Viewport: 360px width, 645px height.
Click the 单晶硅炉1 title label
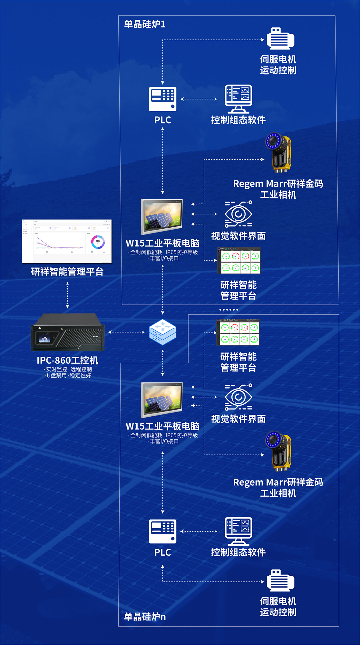pos(145,24)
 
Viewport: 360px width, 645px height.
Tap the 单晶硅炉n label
pos(145,617)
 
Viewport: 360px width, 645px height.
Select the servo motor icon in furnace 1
pos(280,39)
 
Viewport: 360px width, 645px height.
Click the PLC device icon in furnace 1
pos(162,99)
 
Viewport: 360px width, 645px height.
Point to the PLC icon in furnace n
pos(162,531)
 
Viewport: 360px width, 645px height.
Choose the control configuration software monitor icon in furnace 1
pos(238,98)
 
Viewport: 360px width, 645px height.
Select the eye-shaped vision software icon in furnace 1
pos(238,214)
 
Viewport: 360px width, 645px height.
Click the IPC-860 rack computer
pos(68,332)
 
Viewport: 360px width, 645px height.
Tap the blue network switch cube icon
pos(162,332)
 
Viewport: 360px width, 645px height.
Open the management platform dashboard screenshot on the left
pos(67,241)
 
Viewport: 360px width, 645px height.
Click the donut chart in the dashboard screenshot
pos(98,242)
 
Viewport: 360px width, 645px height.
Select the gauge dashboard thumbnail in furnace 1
pos(238,261)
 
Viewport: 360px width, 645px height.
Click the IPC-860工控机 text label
pos(67,360)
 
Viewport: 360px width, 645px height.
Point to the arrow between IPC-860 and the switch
pos(126,332)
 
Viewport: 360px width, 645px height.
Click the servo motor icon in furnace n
pos(280,580)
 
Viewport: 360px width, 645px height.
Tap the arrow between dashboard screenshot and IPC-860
pos(67,295)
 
